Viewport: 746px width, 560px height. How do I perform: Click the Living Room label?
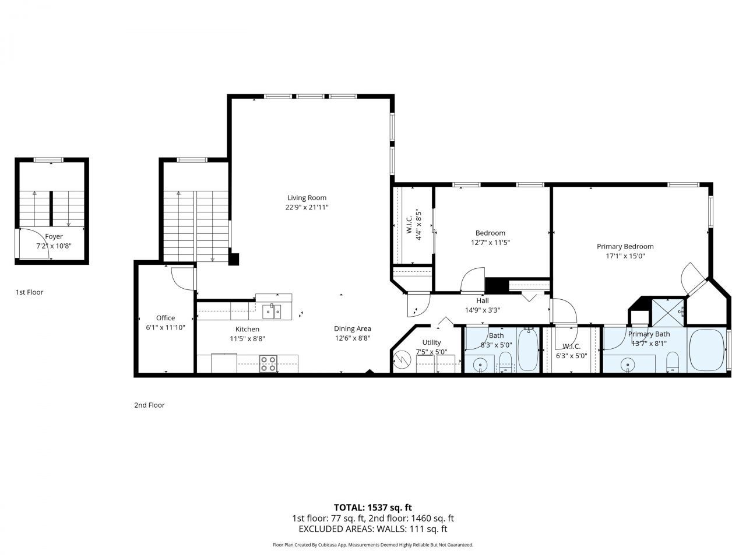[x=307, y=198]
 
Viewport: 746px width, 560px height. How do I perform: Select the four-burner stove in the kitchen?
[x=268, y=364]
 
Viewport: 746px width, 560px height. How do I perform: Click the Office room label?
[x=165, y=318]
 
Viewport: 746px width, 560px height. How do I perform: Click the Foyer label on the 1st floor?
[x=54, y=237]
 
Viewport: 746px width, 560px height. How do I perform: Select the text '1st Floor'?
[x=29, y=292]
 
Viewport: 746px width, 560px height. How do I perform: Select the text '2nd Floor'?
[x=149, y=405]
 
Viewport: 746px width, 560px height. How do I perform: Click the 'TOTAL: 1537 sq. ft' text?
[x=372, y=507]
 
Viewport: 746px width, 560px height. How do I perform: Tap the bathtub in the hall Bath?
[x=529, y=350]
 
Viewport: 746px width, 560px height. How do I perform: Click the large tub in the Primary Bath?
[x=706, y=349]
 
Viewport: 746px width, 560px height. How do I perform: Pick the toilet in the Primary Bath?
[x=673, y=362]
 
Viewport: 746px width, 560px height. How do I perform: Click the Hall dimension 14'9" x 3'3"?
[x=482, y=310]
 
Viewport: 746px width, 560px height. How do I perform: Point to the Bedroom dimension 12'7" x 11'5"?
[x=490, y=243]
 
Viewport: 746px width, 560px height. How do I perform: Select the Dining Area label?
[x=352, y=328]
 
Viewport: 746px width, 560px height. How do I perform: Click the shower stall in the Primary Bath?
[x=667, y=311]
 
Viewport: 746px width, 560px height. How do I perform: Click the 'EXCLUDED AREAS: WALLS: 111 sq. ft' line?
[x=372, y=529]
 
